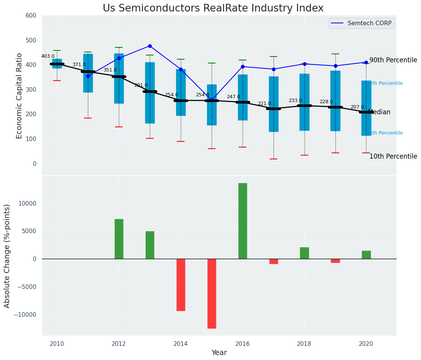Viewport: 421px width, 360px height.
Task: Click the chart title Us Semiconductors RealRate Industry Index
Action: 213,8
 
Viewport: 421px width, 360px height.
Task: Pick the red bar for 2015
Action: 212,294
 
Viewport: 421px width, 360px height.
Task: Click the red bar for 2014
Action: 181,285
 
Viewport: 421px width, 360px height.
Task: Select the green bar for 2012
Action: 119,239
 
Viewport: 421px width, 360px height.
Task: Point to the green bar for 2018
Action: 304,253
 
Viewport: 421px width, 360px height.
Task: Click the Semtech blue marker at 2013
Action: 150,46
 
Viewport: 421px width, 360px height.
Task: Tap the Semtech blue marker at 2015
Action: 212,100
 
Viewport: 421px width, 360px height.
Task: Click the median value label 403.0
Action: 48,56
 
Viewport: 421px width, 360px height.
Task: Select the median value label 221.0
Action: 264,104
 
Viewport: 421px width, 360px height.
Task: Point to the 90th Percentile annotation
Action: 393,60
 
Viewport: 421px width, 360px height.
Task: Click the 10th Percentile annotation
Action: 393,157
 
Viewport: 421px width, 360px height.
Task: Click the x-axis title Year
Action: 219,353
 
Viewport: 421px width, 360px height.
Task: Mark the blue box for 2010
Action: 57,63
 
